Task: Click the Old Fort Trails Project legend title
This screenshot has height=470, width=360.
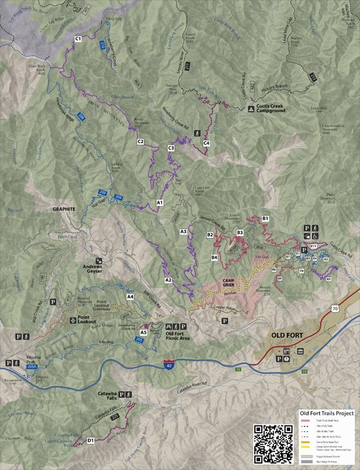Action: (326, 413)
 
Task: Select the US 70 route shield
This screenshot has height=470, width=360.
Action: (335, 307)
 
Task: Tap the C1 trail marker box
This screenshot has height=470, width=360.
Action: (78, 39)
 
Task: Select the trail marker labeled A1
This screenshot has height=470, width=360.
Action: (159, 204)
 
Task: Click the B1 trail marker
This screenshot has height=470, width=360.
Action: (265, 217)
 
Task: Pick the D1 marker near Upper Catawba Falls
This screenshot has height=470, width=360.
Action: (90, 441)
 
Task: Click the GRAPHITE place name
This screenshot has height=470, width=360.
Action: (64, 210)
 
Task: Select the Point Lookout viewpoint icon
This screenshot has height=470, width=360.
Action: (72, 321)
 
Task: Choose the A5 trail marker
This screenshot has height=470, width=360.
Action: (142, 332)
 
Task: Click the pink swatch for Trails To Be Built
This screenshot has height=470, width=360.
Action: (304, 424)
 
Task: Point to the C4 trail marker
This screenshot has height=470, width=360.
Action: (206, 142)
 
